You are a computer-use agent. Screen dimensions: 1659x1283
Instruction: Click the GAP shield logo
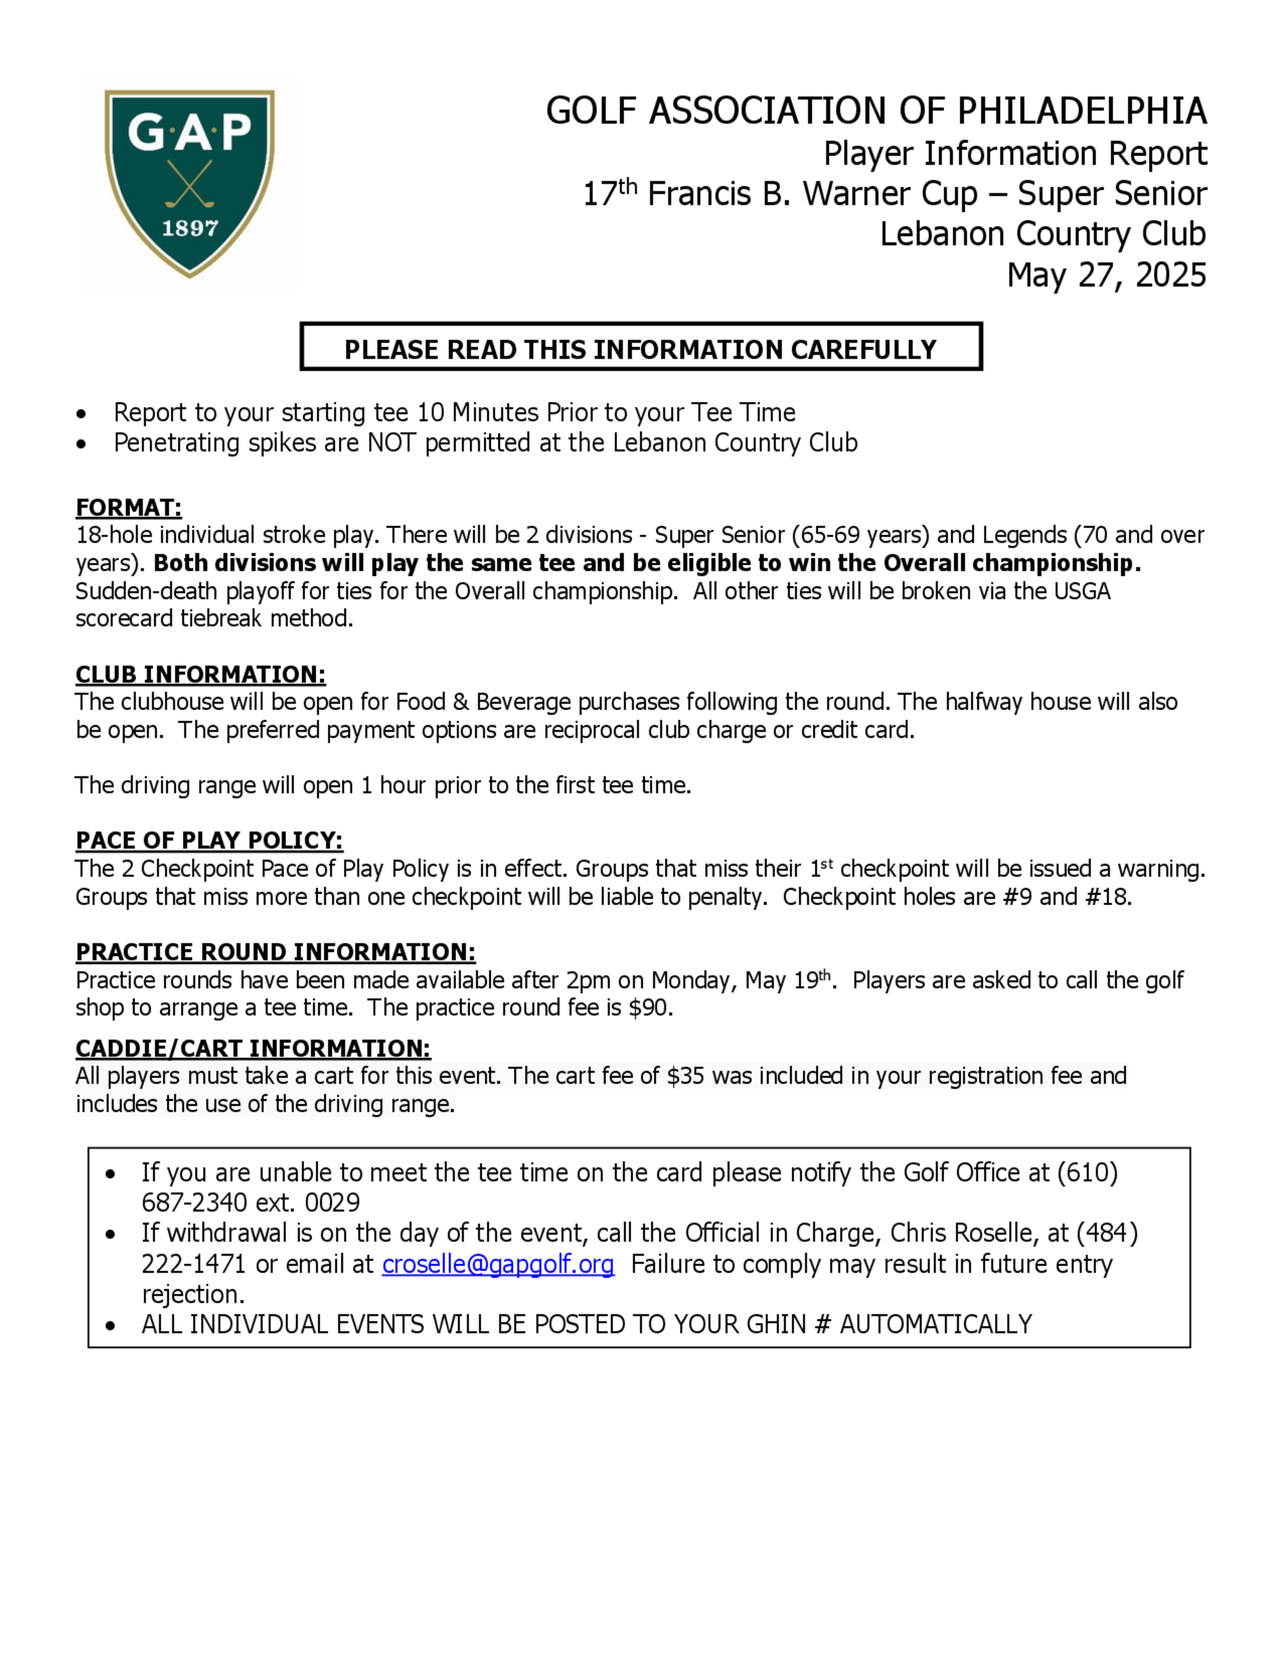189,183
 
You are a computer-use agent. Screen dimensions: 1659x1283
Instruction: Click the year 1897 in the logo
189,228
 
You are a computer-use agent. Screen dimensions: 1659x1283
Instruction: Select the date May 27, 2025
1106,275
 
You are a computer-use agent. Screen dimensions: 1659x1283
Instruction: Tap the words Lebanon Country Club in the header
1042,234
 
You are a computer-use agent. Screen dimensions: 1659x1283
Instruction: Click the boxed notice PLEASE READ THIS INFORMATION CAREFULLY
641,349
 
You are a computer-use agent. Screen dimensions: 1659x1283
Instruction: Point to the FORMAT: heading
128,508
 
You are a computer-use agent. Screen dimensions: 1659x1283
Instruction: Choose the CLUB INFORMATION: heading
200,674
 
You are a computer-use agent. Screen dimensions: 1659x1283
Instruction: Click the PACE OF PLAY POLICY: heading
209,840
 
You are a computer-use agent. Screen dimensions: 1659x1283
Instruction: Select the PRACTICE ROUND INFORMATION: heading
275,952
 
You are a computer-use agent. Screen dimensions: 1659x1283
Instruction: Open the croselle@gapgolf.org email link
498,1264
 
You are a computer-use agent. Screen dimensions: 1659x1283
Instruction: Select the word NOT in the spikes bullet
392,443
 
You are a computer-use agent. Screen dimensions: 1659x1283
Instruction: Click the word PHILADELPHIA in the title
1081,111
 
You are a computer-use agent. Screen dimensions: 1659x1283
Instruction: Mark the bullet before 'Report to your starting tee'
81,414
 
